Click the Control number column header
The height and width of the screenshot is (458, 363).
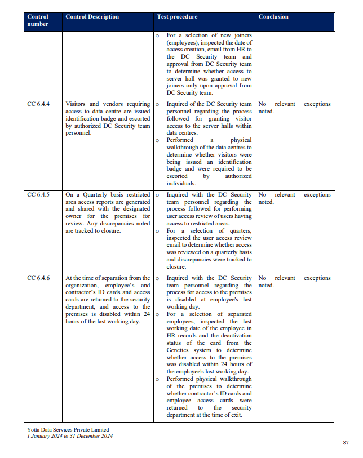[x=38, y=20]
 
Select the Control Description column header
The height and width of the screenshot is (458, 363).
[x=92, y=17]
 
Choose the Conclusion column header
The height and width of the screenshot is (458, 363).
[x=273, y=17]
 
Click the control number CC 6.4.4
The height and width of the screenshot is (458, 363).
[x=38, y=104]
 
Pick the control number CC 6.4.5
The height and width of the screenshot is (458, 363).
[x=38, y=195]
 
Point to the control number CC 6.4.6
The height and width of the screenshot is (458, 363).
[x=38, y=278]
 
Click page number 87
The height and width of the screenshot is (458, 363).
[x=346, y=443]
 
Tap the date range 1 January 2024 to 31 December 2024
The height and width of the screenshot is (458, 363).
[x=70, y=436]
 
